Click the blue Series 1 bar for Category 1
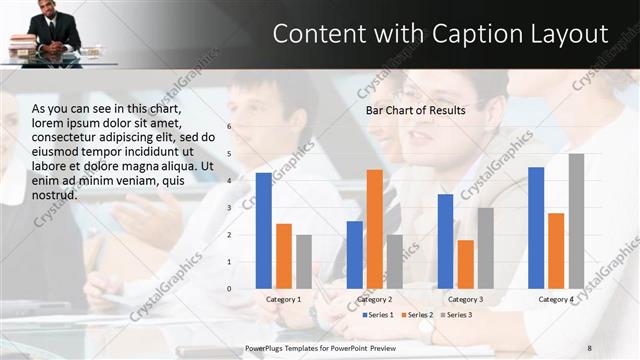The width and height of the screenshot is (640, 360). point(264,231)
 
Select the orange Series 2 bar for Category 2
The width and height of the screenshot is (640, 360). point(374,229)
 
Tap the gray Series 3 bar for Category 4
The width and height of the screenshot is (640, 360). point(576,221)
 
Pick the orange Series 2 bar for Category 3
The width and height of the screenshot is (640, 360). point(465,264)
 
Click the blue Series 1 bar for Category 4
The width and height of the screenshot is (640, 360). point(536,228)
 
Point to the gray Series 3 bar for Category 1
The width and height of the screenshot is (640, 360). point(304,262)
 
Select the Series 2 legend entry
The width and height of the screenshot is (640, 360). point(418,315)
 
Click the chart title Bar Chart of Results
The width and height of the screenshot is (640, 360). point(415,110)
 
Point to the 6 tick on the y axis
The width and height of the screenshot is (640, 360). point(229,127)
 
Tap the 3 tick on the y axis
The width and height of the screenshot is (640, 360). point(229,208)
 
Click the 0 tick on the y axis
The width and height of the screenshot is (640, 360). point(229,289)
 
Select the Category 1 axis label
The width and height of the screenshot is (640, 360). point(284,299)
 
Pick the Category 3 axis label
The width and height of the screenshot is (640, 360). point(465,299)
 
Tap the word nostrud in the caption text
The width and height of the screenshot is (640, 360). point(55,194)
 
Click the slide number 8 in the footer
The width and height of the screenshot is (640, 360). point(590,347)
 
